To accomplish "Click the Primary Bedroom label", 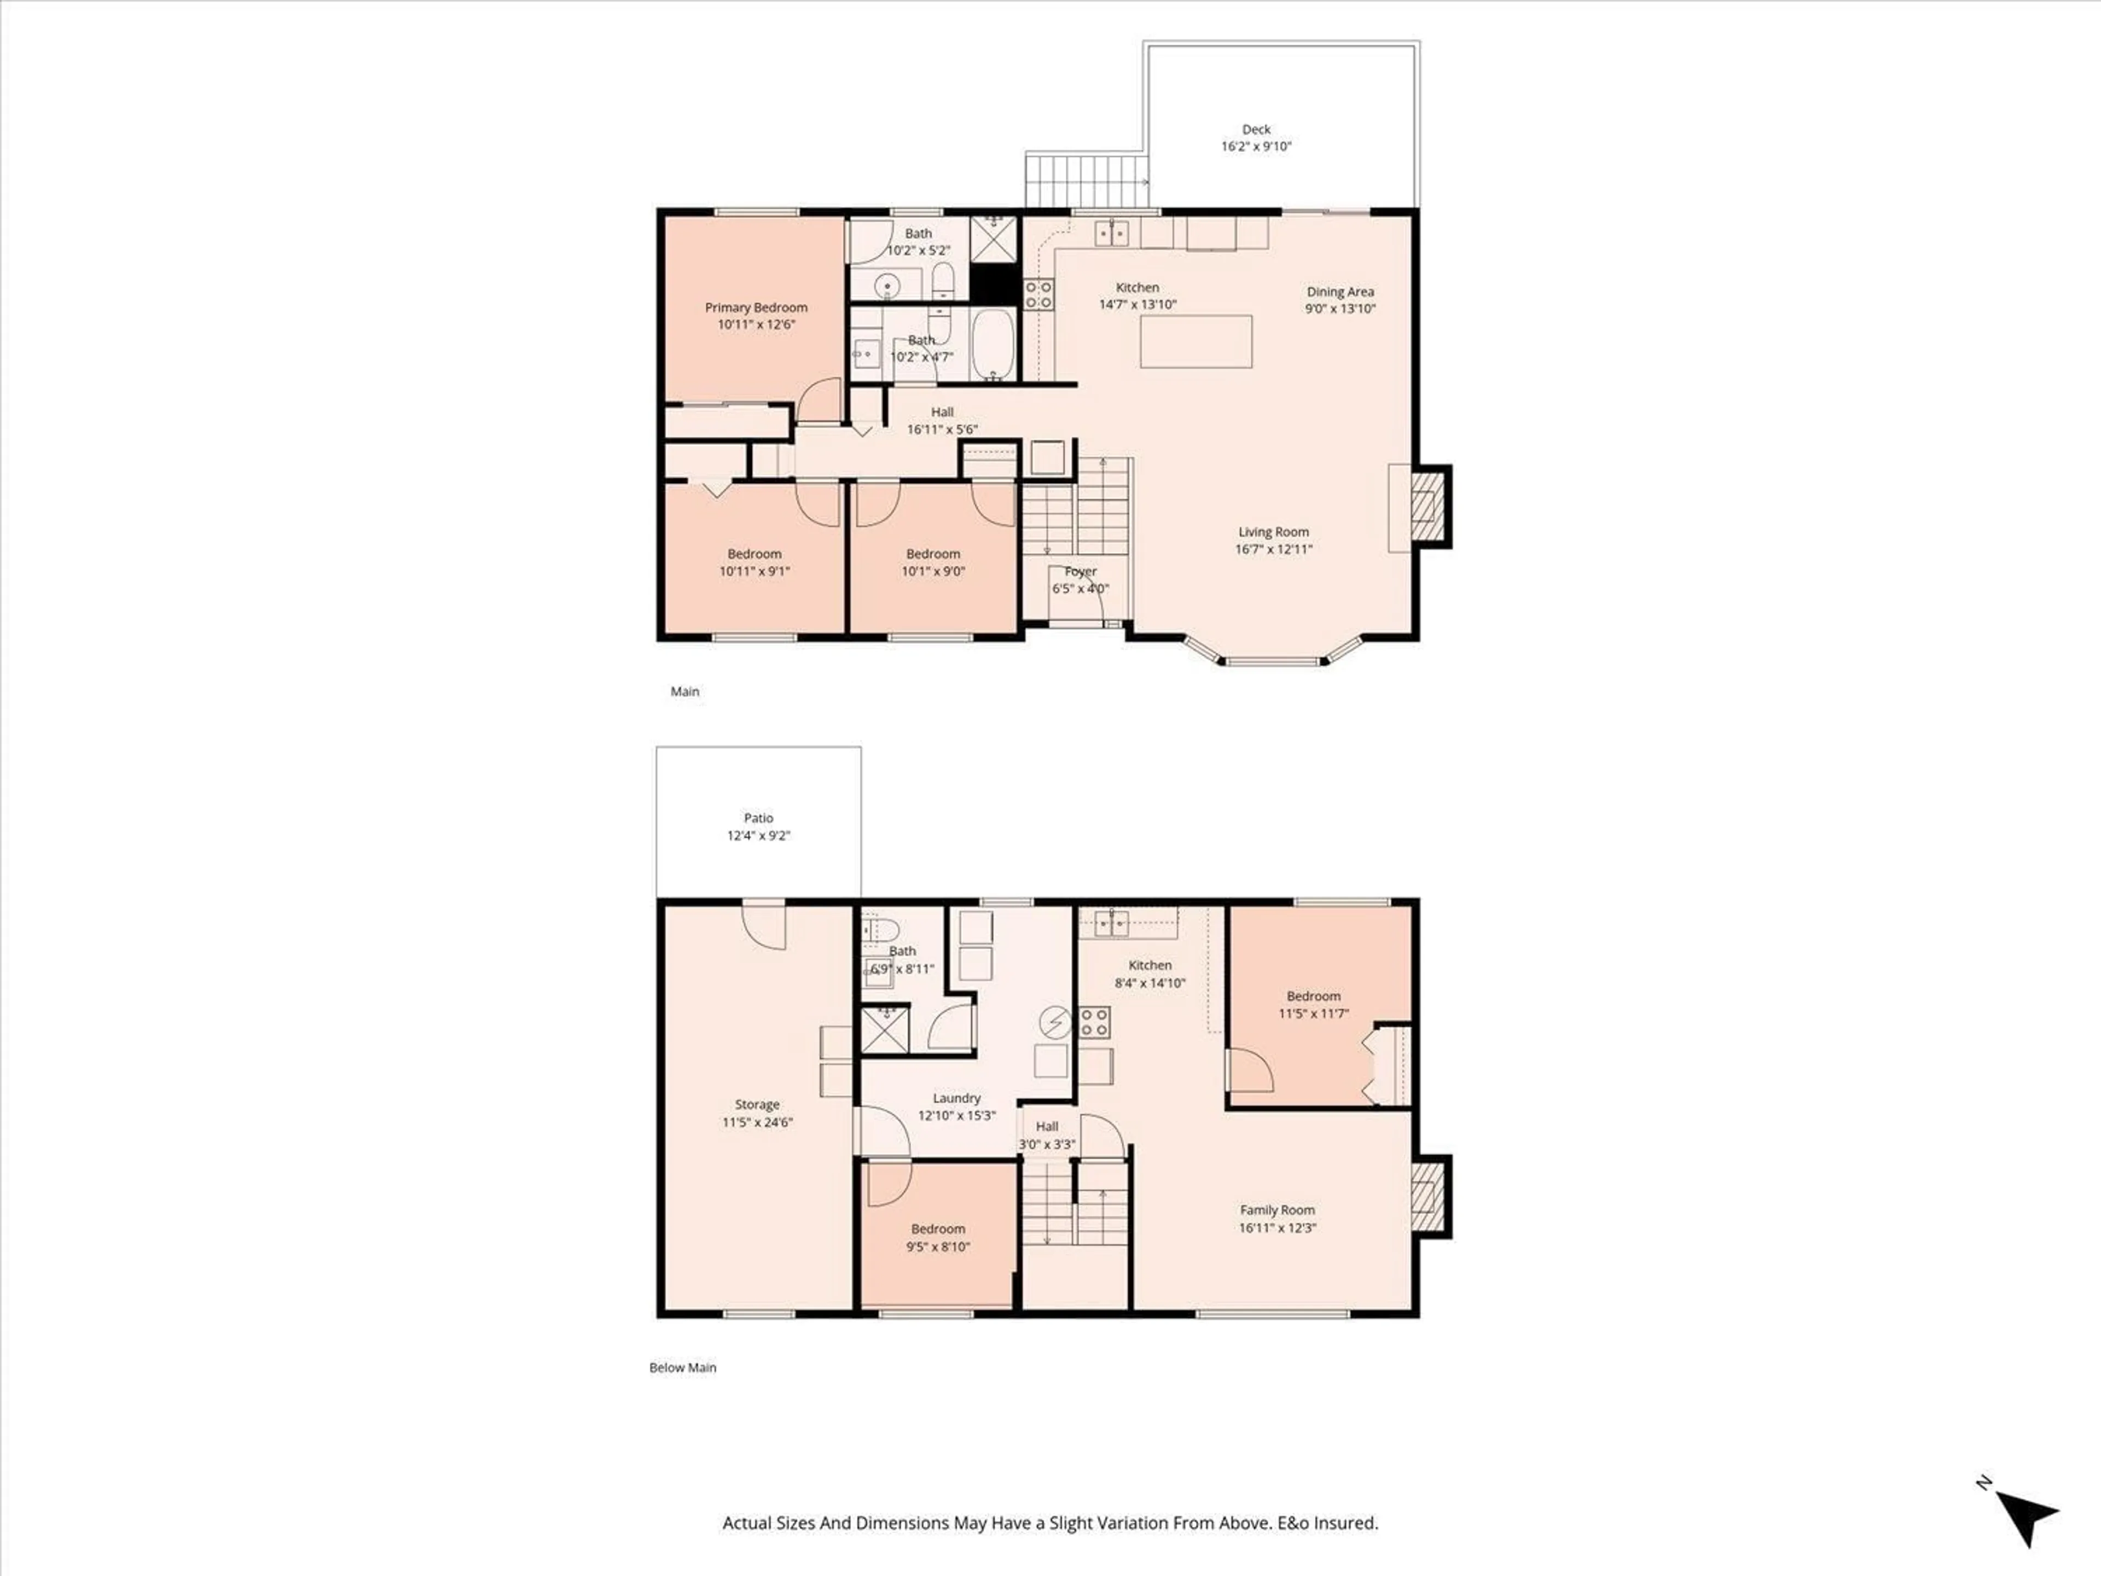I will [x=756, y=308].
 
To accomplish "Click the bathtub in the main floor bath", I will [x=995, y=344].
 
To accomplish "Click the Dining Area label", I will [x=1340, y=292].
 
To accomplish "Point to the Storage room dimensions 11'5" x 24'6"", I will [x=757, y=1122].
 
